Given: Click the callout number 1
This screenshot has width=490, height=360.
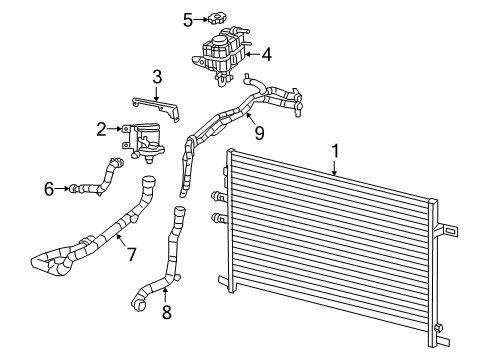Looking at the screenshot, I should (x=335, y=151).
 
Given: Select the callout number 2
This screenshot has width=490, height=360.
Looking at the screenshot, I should (x=102, y=128).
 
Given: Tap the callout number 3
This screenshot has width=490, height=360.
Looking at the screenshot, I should (x=157, y=76).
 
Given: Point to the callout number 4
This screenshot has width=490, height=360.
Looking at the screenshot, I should (x=267, y=55).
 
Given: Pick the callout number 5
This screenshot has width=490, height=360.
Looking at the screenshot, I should (x=187, y=18).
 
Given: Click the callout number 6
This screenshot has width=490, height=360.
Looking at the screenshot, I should (x=49, y=187).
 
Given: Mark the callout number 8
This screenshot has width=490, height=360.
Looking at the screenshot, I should (x=166, y=312).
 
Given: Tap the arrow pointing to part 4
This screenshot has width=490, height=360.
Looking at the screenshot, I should (x=251, y=55).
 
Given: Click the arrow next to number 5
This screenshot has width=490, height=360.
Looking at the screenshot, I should (x=201, y=18).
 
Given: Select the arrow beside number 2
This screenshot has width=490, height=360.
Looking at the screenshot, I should (x=115, y=128).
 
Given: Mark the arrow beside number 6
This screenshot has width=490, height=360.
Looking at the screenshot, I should (x=63, y=187).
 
